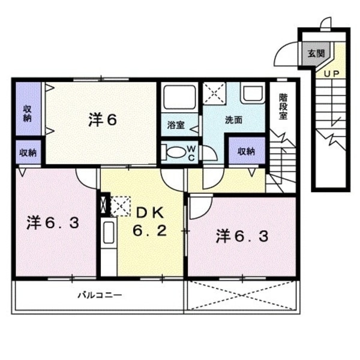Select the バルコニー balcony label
point(100,295)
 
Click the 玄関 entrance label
point(316,53)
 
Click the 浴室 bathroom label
point(175,125)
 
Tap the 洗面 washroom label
point(233,120)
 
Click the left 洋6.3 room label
point(53,223)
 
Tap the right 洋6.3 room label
point(242,236)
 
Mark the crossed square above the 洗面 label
point(213,94)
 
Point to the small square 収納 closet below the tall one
point(27,152)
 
